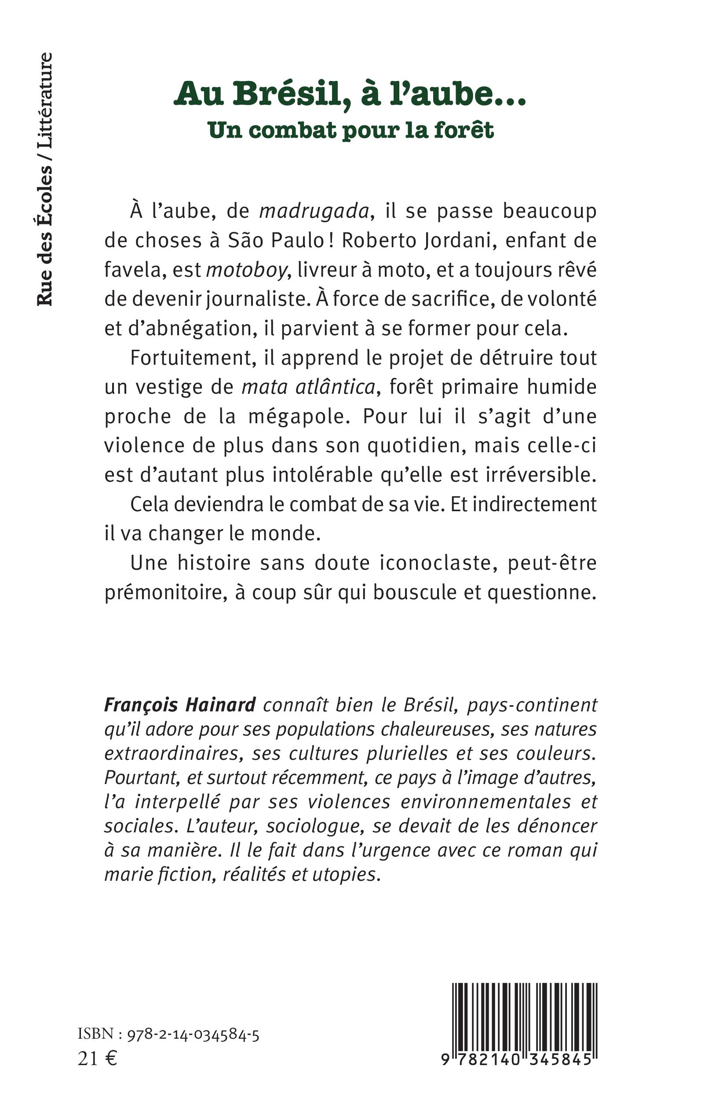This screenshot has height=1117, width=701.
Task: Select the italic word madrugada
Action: point(314,212)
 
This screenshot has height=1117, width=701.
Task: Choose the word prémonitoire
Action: point(165,593)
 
